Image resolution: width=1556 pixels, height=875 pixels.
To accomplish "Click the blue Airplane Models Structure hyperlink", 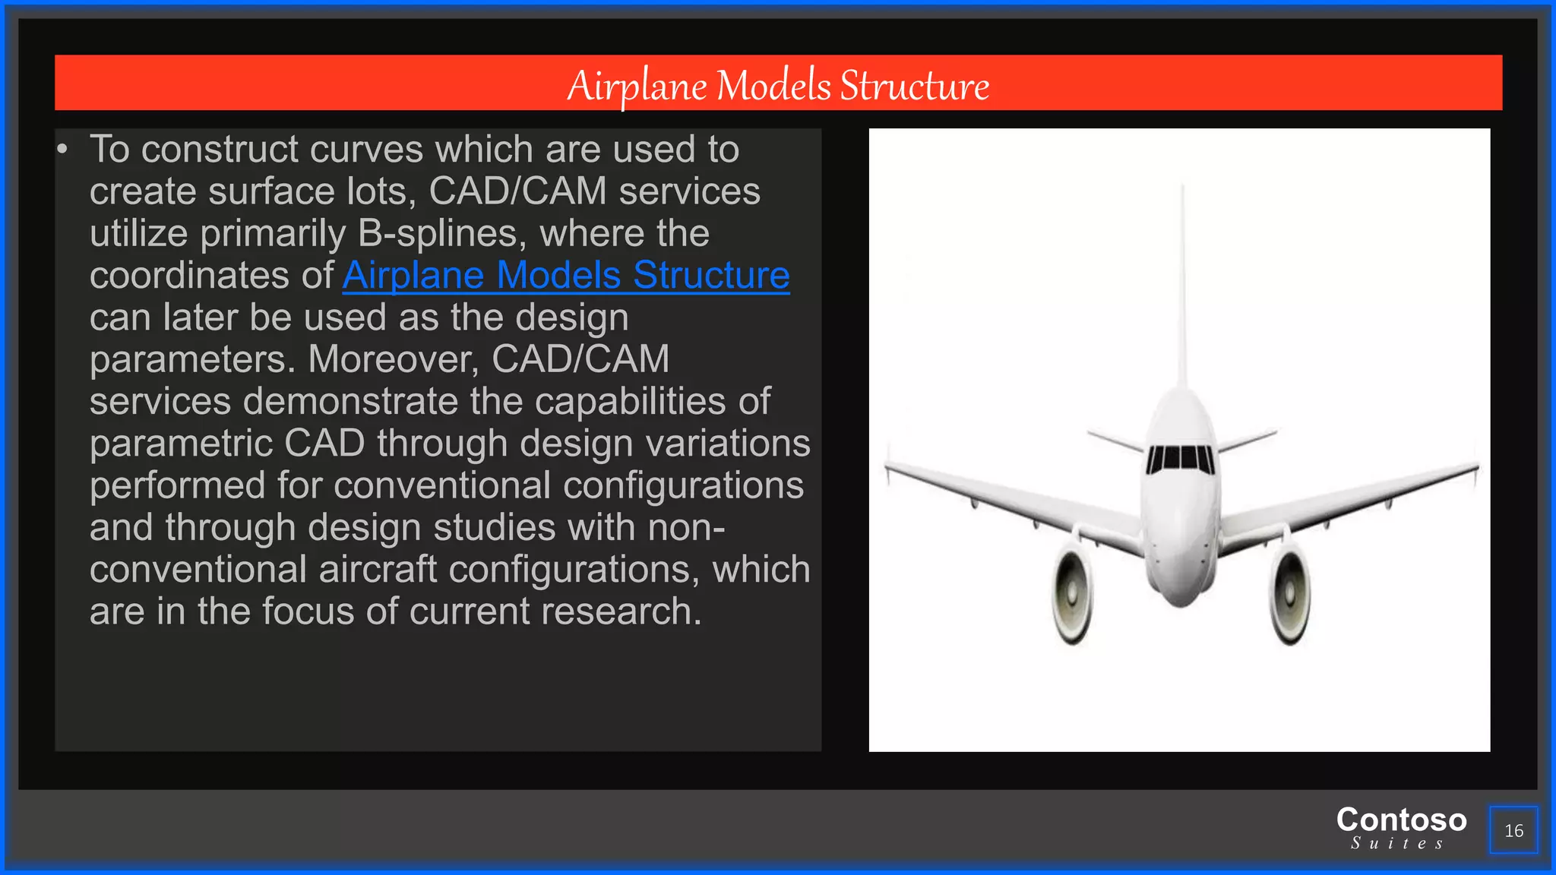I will click(x=565, y=275).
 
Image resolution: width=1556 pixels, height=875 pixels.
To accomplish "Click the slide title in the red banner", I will click(x=778, y=84).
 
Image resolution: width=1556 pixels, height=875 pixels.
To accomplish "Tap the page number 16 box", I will click(x=1513, y=830).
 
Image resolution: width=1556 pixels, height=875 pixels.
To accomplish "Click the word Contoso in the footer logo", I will click(x=1401, y=820).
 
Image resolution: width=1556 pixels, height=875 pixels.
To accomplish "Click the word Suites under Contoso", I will click(x=1397, y=843).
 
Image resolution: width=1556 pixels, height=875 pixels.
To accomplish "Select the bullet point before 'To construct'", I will click(x=62, y=150).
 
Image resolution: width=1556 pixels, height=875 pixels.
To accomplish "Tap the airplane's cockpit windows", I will click(x=1181, y=458).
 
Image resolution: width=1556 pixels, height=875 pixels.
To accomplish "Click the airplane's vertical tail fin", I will click(x=1182, y=289).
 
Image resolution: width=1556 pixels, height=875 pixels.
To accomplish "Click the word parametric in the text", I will click(x=181, y=444).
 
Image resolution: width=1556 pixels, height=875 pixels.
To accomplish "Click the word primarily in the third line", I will click(x=273, y=233).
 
